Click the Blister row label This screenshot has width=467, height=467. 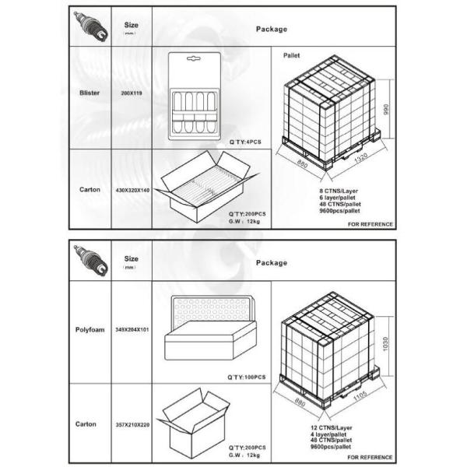[x=90, y=93]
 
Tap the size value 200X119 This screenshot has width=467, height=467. [x=132, y=93]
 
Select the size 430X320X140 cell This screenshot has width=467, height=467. [x=132, y=190]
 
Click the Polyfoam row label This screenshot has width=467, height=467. [x=90, y=330]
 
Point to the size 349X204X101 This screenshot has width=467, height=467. [x=132, y=330]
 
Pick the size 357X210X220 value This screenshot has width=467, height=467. [x=132, y=425]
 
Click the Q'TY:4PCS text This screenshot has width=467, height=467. [x=245, y=142]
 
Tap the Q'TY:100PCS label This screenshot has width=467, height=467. [x=246, y=377]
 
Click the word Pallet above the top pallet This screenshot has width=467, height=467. [x=291, y=55]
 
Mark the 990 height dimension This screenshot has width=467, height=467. [x=386, y=109]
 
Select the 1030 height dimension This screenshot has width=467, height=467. [x=385, y=344]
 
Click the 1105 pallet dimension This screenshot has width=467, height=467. [x=360, y=396]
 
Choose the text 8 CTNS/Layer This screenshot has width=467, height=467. [x=339, y=191]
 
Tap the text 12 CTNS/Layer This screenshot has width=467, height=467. [x=332, y=427]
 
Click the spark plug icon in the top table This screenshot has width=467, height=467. [x=90, y=26]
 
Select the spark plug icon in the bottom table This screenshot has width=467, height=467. [x=90, y=260]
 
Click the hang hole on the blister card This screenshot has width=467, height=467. [x=194, y=58]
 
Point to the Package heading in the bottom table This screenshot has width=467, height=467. [x=272, y=263]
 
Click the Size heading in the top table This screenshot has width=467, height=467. [x=131, y=25]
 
